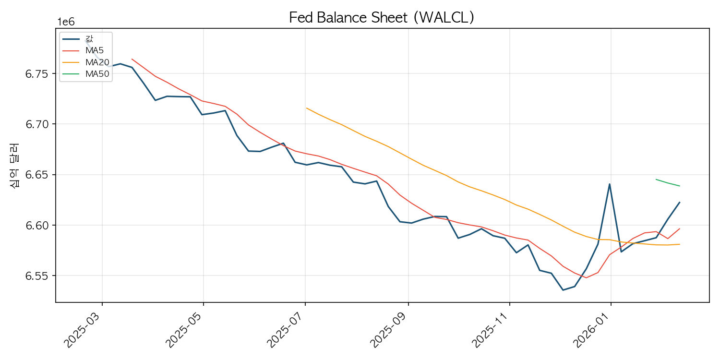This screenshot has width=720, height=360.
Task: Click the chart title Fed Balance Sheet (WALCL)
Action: tap(382, 17)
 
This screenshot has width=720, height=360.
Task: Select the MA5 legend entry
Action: tap(94, 50)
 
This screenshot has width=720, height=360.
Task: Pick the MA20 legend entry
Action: tap(97, 62)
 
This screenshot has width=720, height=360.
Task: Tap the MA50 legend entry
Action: tap(97, 74)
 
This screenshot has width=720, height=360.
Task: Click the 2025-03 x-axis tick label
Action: tap(84, 328)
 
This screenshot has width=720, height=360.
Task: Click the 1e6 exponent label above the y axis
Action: tap(66, 22)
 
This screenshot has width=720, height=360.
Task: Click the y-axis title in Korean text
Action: tap(15, 165)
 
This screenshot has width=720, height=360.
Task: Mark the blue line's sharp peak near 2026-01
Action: tap(610, 184)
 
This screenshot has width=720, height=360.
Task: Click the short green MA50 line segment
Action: tap(668, 182)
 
